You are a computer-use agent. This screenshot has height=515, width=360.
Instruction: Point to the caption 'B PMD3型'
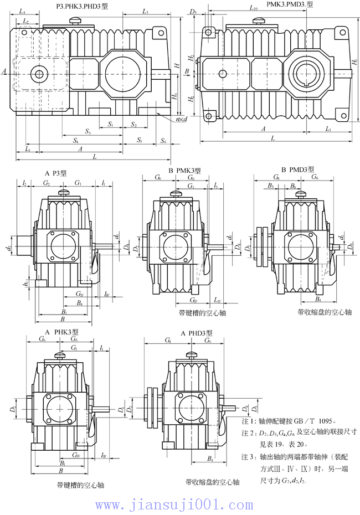pos(298,169)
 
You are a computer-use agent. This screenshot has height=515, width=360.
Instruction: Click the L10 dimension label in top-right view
pos(253,8)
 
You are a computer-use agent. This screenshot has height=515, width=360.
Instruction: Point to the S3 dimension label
pos(88,131)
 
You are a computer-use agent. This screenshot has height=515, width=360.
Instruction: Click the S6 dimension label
pos(163,141)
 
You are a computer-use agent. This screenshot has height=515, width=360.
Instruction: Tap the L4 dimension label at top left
pos(22,11)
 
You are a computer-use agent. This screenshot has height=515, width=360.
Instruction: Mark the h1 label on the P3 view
pos(25,284)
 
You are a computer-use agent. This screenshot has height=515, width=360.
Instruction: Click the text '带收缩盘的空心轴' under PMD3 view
pos(325,312)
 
